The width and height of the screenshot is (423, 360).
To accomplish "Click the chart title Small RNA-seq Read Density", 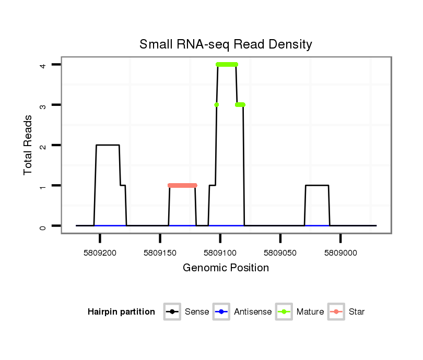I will (226, 44).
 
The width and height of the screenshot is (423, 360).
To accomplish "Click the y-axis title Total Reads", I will (28, 145).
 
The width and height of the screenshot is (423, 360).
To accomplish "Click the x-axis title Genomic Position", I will (226, 268).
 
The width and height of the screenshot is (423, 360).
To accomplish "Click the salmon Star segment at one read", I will (182, 185).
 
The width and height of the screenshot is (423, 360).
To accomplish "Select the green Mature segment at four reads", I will (227, 64).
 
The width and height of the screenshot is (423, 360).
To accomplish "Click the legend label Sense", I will (197, 312).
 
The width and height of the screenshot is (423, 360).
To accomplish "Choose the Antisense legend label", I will (253, 312).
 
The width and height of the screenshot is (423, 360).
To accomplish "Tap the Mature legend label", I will (310, 312).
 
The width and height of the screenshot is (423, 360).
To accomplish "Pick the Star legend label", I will (357, 312).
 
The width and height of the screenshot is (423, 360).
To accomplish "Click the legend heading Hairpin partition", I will (121, 312).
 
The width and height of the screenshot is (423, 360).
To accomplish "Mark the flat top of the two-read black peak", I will (108, 145).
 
